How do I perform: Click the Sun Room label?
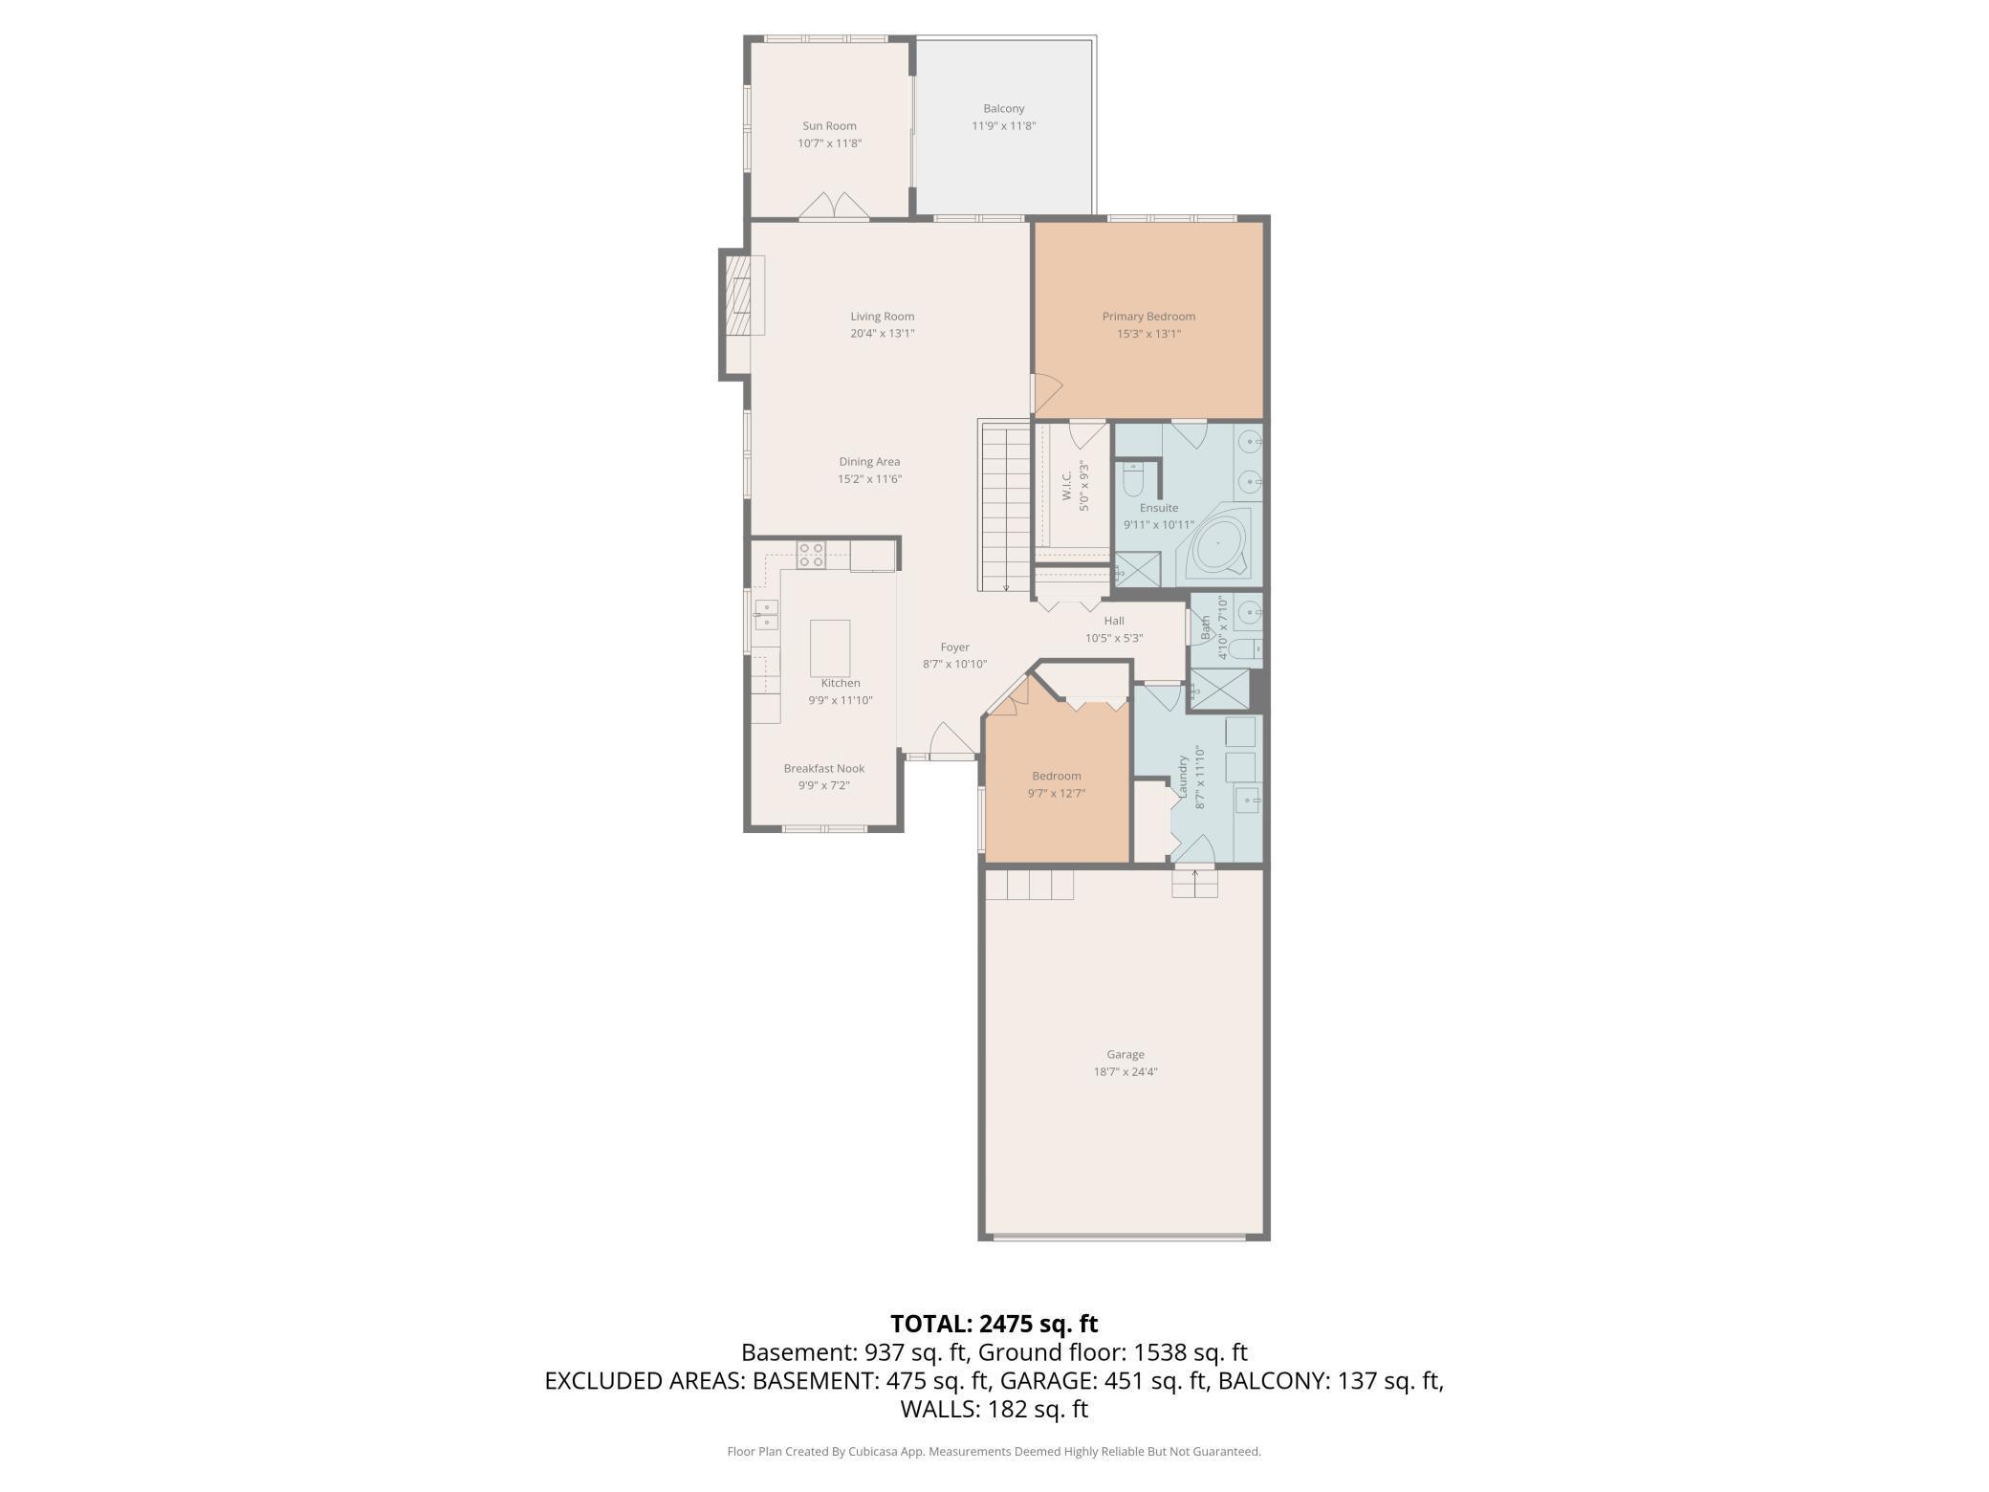(829, 125)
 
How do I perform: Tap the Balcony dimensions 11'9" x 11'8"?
(1003, 126)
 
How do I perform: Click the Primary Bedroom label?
(1147, 317)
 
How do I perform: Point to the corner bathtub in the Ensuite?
(1217, 544)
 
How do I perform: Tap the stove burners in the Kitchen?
(811, 556)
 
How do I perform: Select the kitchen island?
(829, 647)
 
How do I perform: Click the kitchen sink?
(765, 615)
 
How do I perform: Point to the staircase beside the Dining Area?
(1004, 507)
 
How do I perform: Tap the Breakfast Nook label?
(823, 768)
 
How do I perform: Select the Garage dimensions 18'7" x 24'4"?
(1126, 1072)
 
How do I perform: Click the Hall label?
(1113, 621)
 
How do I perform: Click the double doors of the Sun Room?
(834, 206)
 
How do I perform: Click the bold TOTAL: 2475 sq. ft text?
(994, 1324)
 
